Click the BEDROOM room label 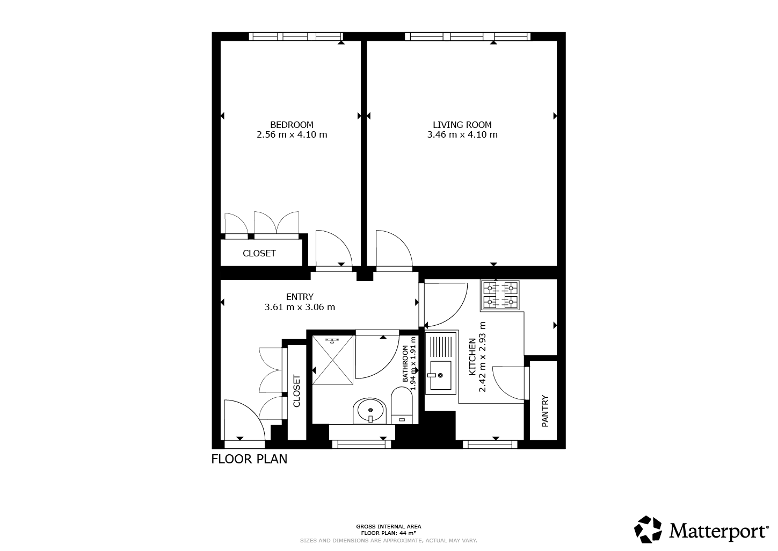(292, 125)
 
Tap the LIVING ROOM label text (462, 125)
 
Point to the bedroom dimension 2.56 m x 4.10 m (292, 134)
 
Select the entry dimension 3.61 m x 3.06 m (300, 307)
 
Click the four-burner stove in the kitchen (500, 295)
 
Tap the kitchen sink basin (441, 375)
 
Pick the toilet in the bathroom (402, 406)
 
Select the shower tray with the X (333, 360)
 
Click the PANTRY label (545, 411)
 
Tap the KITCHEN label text (472, 357)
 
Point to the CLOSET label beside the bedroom (259, 253)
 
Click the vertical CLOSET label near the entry (296, 391)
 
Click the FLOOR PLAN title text (249, 459)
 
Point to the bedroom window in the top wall (296, 37)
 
